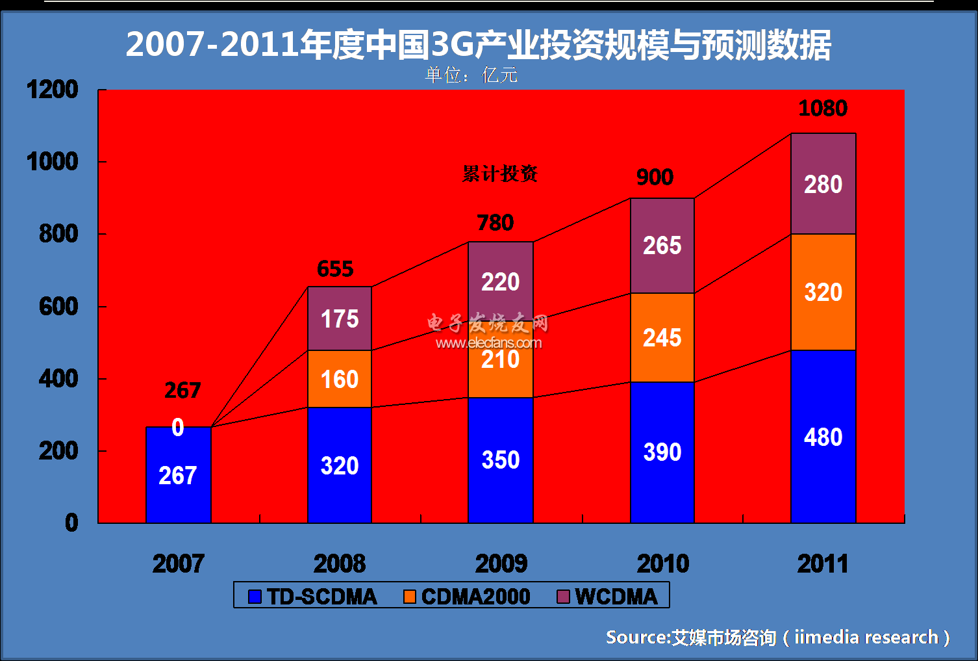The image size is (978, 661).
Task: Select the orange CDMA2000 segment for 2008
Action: click(340, 379)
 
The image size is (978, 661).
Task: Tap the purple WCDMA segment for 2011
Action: click(823, 184)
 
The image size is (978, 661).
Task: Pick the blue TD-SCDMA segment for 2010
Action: click(662, 452)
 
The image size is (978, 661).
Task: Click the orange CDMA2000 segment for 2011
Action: click(823, 292)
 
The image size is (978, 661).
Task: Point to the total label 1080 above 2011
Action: click(823, 108)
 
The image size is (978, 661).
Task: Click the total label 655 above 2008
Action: click(335, 268)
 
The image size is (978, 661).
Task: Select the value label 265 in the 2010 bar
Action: click(662, 246)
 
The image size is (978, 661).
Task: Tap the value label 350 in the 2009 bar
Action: click(501, 460)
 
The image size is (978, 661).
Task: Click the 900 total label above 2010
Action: click(655, 177)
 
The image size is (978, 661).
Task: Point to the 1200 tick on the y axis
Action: click(53, 90)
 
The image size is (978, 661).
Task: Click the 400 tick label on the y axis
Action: click(58, 378)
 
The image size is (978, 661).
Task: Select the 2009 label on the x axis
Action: click(501, 564)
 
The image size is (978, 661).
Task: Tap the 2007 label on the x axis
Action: click(178, 564)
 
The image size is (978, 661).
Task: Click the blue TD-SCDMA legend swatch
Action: click(255, 597)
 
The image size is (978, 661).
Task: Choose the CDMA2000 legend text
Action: click(475, 597)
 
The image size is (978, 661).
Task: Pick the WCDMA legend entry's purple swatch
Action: click(563, 597)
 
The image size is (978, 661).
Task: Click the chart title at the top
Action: click(478, 45)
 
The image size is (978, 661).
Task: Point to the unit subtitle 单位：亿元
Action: click(471, 75)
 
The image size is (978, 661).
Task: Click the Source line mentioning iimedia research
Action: click(777, 637)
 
